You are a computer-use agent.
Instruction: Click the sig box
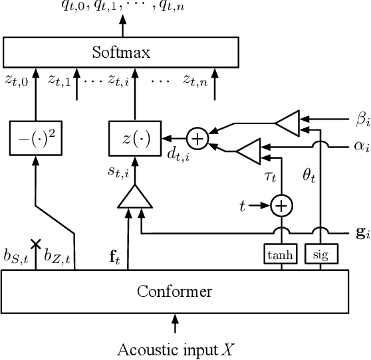[321, 254]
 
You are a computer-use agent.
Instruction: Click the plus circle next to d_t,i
[197, 138]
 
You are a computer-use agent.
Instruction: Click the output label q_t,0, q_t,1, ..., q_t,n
[121, 8]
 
